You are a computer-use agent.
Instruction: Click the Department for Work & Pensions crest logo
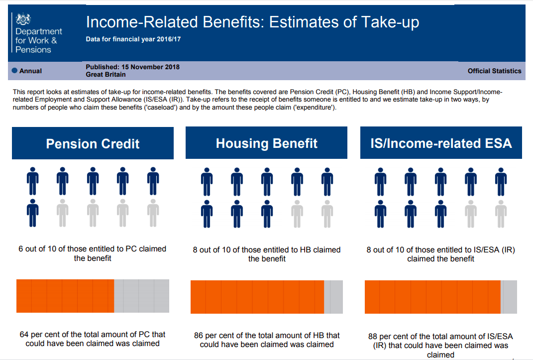pos(23,19)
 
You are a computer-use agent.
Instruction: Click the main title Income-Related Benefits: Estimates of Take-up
pos(252,22)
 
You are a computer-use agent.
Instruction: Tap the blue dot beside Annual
pos(14,71)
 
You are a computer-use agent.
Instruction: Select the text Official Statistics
pos(494,71)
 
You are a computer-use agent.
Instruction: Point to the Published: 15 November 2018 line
pos(132,67)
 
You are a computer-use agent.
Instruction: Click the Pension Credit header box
pos(93,143)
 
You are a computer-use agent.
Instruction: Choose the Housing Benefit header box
pos(266,143)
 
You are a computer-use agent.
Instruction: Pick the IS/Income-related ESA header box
pos(441,143)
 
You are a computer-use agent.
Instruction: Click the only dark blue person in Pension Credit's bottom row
pos(32,213)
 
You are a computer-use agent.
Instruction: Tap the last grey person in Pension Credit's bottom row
pos(153,213)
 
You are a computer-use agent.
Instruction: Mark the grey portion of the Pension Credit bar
pos(142,296)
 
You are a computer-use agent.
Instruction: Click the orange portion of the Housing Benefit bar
pos(257,297)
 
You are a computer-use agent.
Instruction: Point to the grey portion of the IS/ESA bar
pos(509,297)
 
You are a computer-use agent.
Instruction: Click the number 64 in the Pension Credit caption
pos(24,335)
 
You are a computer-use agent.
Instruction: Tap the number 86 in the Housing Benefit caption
pos(199,336)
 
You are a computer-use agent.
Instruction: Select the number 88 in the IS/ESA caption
pos(373,337)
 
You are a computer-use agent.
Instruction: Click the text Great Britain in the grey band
pos(106,75)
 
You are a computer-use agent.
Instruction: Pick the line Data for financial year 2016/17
pos(133,38)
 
